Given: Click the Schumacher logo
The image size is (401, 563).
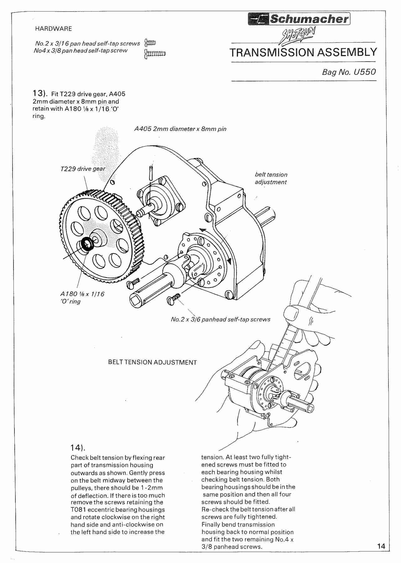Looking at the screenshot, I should click(x=299, y=19).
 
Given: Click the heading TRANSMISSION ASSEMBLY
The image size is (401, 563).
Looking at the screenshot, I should click(x=303, y=52).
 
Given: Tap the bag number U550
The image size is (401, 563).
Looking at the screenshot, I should click(x=349, y=72).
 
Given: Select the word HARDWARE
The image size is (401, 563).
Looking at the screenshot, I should click(x=53, y=29).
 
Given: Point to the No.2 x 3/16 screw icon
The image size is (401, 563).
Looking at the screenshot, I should click(x=150, y=43).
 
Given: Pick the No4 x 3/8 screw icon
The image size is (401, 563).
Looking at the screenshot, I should click(x=155, y=54).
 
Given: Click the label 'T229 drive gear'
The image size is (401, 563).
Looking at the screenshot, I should click(x=83, y=169).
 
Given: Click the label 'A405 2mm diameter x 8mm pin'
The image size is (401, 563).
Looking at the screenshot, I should click(x=180, y=129).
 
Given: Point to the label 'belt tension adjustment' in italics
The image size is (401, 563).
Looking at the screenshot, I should click(x=271, y=178).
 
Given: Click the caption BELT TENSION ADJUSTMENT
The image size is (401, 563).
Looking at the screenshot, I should click(x=152, y=362).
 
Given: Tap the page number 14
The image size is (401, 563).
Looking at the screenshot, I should click(x=381, y=546).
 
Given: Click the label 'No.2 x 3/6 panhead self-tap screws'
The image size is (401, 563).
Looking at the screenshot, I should click(x=220, y=320).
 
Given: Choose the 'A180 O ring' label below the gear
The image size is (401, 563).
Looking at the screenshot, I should click(x=82, y=298).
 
